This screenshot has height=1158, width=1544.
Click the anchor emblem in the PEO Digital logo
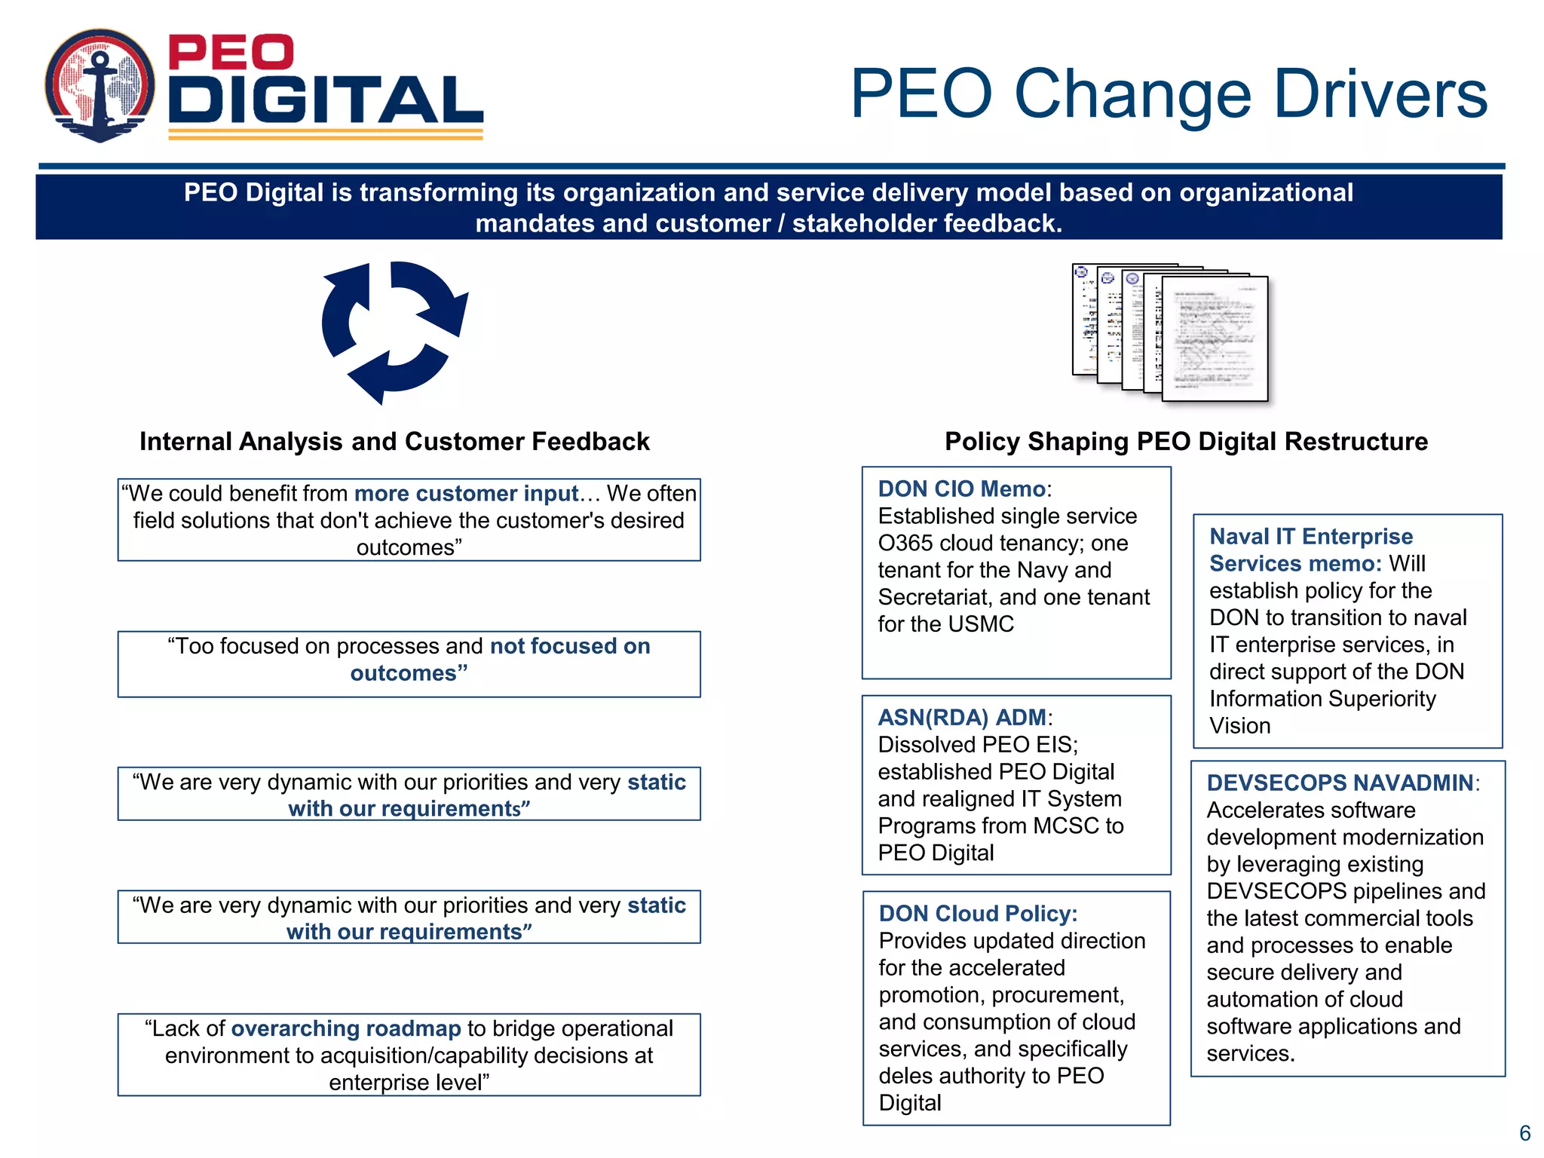pos(100,86)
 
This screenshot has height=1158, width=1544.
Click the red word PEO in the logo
pos(230,52)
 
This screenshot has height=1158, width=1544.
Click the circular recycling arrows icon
pos(394,332)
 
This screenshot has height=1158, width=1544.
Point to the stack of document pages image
pos(1171,332)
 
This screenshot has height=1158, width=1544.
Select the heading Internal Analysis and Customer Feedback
pos(394,442)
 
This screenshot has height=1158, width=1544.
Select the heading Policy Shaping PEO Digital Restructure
pos(1186,442)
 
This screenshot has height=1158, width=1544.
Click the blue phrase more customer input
pos(466,494)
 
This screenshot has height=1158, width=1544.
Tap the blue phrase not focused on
pos(570,646)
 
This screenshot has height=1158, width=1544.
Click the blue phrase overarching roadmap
pos(345,1028)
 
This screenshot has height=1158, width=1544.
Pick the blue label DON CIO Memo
pos(962,489)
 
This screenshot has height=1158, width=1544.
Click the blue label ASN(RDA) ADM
pos(962,718)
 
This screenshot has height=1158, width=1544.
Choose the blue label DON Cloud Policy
pos(978,914)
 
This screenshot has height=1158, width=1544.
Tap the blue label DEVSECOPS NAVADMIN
pos(1340,783)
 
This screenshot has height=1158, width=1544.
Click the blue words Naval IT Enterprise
pos(1311,537)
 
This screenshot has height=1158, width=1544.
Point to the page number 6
pos(1524,1133)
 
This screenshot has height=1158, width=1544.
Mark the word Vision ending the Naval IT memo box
pos(1239,726)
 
